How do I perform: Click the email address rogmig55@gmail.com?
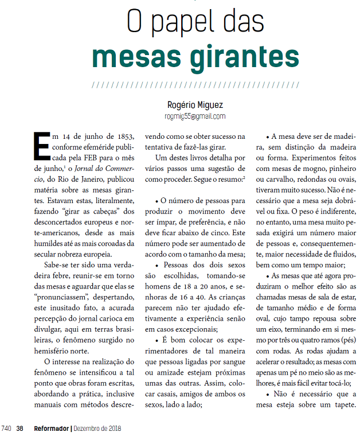[x=195, y=116]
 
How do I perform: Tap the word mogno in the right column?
[x=299, y=169]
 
